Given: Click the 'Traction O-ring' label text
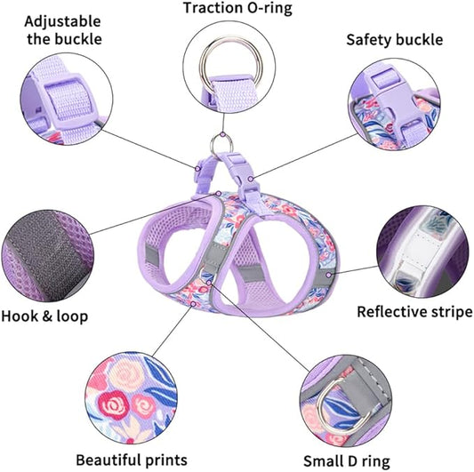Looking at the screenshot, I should [237, 9].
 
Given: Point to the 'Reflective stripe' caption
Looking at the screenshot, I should [414, 311].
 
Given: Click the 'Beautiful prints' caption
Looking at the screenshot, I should [131, 460].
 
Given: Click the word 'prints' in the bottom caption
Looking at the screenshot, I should [165, 460].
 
